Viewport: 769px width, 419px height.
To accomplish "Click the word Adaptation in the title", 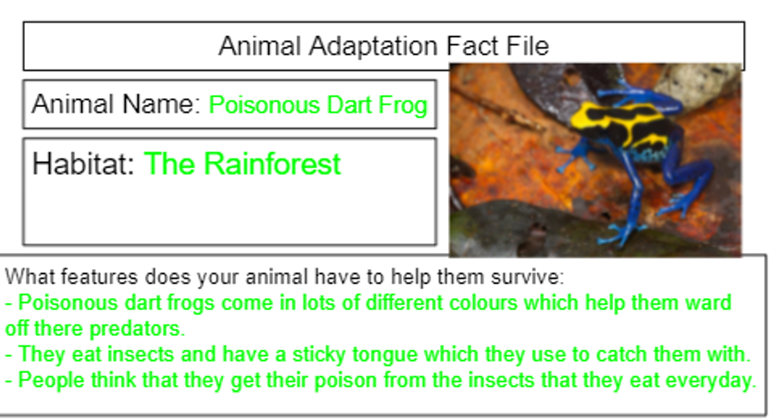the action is click(373, 47).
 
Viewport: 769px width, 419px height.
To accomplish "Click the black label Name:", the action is click(161, 104).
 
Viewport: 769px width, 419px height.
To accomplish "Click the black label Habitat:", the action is click(83, 164).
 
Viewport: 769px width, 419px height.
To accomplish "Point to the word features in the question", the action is click(99, 277).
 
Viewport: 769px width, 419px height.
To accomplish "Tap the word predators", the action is click(137, 329).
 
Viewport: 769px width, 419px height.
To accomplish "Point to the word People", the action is click(51, 380).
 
